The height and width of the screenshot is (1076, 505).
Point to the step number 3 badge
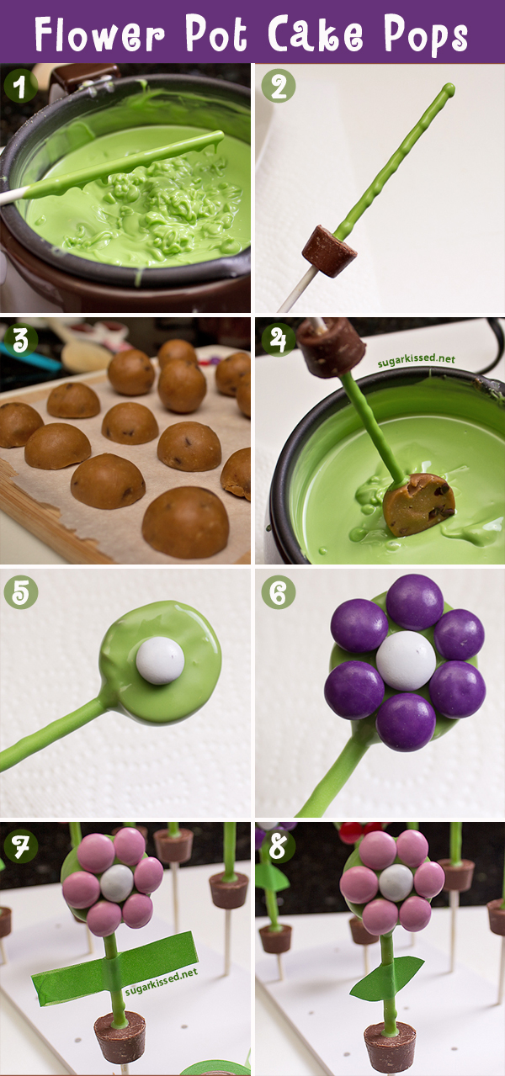point(19,339)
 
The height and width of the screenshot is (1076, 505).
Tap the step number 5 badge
point(20,592)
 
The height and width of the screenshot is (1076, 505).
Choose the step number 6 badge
point(278,592)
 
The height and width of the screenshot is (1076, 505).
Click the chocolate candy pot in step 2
point(329,251)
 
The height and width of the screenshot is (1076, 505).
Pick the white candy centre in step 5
point(160,660)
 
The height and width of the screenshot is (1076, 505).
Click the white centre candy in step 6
point(406,660)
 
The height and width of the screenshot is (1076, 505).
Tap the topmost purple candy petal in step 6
point(414,602)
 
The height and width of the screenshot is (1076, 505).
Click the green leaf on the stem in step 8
point(385,980)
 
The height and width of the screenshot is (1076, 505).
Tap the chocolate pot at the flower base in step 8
point(390,1045)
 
